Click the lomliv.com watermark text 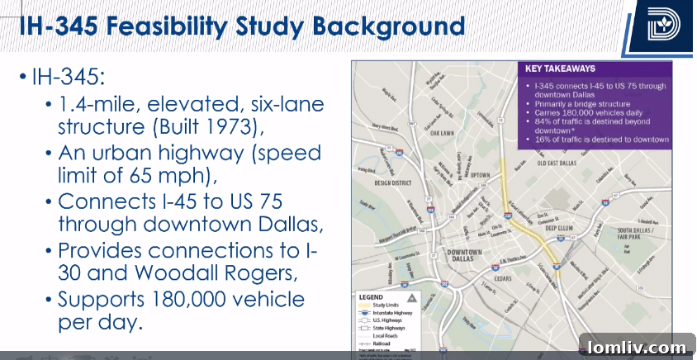pyautogui.click(x=638, y=348)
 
